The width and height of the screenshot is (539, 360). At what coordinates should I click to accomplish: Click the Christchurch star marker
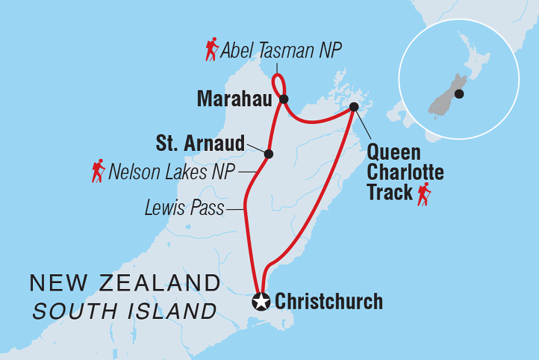pyautogui.click(x=261, y=302)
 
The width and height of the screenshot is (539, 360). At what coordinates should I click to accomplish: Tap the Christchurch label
pyautogui.click(x=328, y=302)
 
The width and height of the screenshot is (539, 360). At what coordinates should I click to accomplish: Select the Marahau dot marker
pyautogui.click(x=284, y=98)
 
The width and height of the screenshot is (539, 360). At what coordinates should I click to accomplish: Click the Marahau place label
pyautogui.click(x=233, y=98)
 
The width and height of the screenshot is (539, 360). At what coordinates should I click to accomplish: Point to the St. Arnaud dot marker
pyautogui.click(x=269, y=155)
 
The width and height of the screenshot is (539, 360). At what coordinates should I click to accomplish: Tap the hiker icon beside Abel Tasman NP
pyautogui.click(x=212, y=50)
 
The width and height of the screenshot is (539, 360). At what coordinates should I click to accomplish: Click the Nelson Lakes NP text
pyautogui.click(x=171, y=173)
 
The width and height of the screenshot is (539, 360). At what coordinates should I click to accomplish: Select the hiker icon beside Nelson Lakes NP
pyautogui.click(x=98, y=171)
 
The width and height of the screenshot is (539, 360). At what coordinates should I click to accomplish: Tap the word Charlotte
pyautogui.click(x=405, y=173)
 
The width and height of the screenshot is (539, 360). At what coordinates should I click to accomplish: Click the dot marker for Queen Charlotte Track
pyautogui.click(x=354, y=108)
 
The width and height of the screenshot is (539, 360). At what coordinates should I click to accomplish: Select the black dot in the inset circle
pyautogui.click(x=459, y=94)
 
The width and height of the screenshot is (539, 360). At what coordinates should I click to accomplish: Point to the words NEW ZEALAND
pyautogui.click(x=125, y=283)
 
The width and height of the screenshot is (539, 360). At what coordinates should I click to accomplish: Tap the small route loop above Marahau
pyautogui.click(x=278, y=83)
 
